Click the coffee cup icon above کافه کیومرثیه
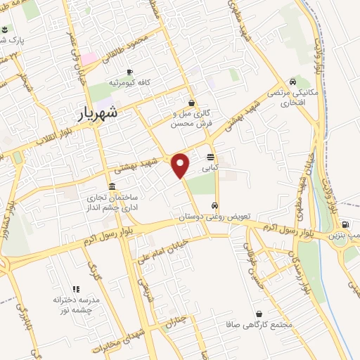click(x=129, y=72)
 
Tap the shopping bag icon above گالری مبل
click(x=191, y=103)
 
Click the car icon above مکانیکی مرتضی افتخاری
click(x=292, y=81)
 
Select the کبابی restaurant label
click(x=210, y=169)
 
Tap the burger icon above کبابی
click(x=210, y=157)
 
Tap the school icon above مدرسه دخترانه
click(x=77, y=288)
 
